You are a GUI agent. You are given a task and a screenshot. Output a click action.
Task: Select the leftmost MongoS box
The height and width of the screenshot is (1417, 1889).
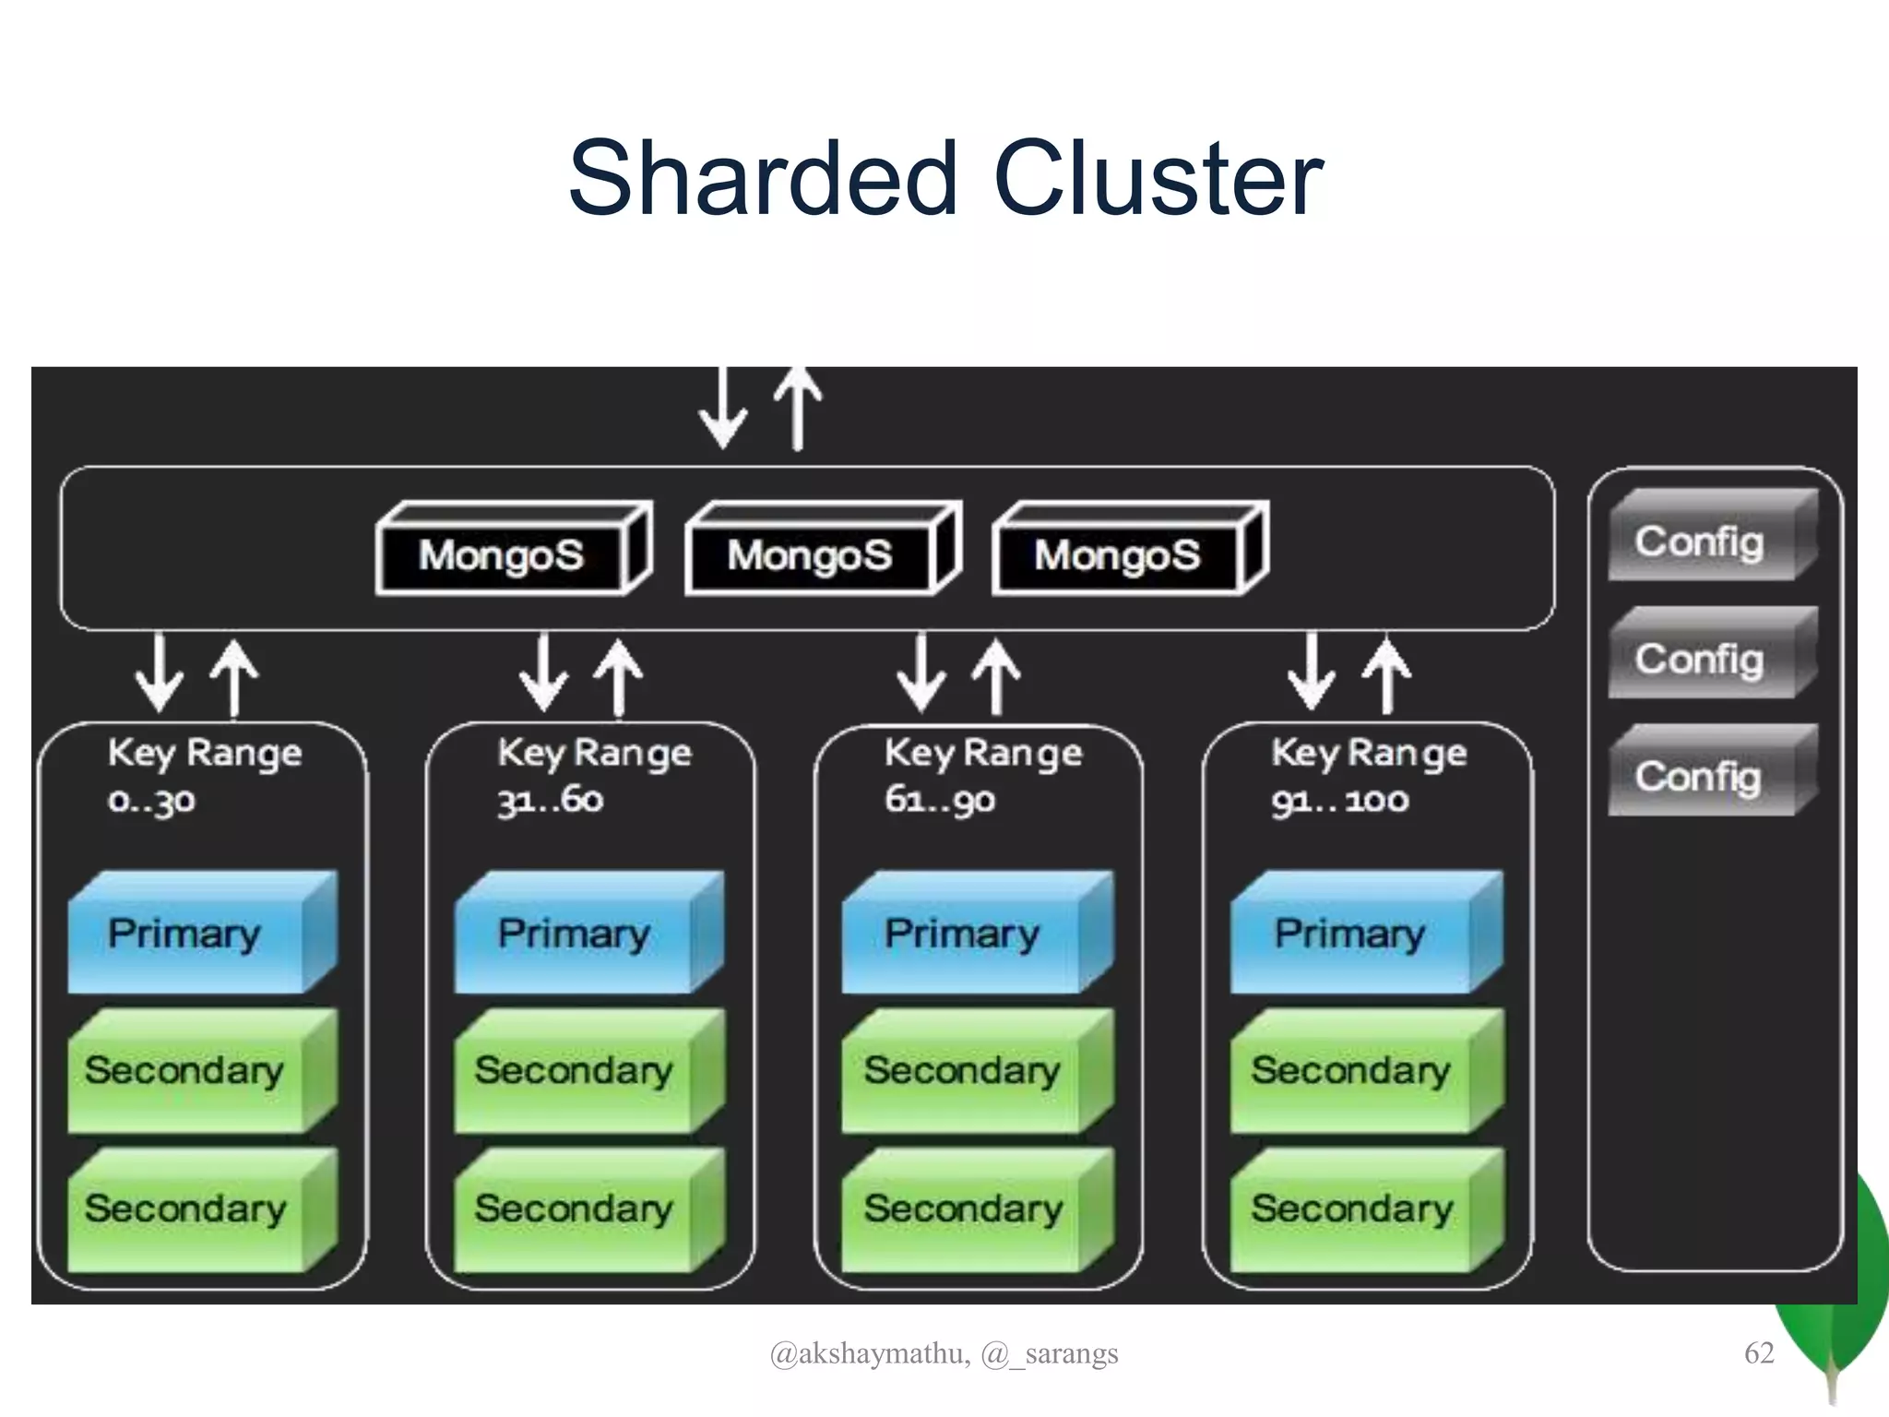503,555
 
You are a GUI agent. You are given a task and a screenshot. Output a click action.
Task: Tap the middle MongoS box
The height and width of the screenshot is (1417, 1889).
811,555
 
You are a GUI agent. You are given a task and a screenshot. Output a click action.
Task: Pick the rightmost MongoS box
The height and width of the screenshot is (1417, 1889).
1118,555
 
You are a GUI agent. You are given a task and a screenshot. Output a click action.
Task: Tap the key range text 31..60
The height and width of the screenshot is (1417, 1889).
551,800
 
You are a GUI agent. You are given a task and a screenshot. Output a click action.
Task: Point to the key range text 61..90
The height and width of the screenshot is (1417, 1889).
940,800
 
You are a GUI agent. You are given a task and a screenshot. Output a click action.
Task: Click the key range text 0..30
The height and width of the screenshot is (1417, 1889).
152,800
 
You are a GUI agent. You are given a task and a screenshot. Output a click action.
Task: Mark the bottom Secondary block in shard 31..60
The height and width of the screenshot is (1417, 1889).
575,1209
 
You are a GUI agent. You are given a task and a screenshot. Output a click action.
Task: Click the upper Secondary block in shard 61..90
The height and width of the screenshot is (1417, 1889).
963,1071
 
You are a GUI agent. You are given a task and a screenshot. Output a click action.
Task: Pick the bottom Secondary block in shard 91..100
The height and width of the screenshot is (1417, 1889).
1352,1209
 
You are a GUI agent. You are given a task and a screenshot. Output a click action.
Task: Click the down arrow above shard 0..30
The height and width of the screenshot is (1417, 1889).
160,673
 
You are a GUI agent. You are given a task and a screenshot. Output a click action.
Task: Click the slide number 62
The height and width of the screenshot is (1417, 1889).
1759,1352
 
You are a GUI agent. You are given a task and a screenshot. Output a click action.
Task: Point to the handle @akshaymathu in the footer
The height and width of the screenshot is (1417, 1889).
869,1353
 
